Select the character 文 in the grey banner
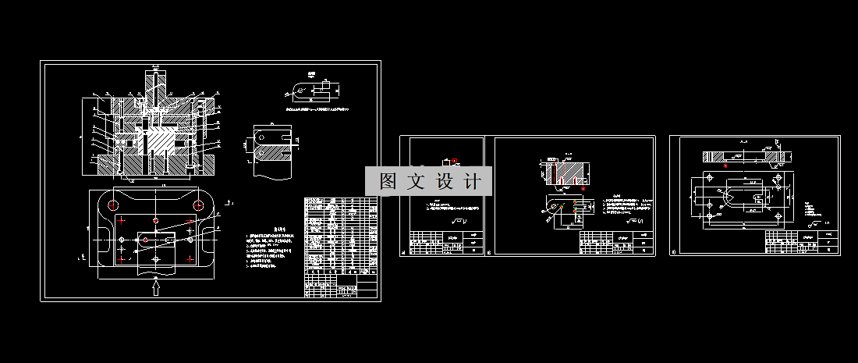coord(417,181)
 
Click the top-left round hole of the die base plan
coord(114,205)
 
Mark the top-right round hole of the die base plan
coord(200,205)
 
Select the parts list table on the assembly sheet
coord(341,246)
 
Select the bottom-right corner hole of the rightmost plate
coord(777,210)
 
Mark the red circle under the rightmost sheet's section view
coord(725,165)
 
